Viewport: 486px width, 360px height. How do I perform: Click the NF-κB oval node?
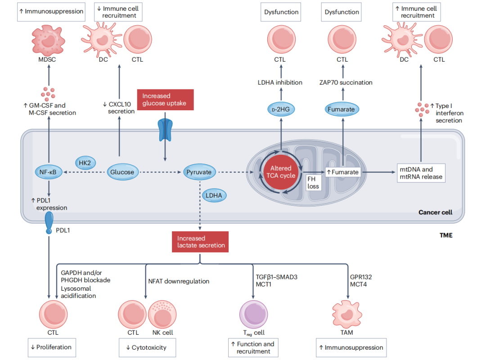(49, 172)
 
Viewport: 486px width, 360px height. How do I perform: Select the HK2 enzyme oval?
(85, 162)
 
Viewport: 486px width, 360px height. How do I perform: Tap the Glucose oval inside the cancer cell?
(122, 172)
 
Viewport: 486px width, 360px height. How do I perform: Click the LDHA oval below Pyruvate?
(214, 195)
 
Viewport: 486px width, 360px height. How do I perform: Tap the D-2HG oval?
(281, 109)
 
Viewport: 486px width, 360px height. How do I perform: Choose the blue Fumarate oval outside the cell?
(342, 109)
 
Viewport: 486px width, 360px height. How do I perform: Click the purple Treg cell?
(253, 314)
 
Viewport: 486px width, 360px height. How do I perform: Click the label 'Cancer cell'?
(435, 212)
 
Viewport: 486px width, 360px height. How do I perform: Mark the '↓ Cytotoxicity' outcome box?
(147, 347)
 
